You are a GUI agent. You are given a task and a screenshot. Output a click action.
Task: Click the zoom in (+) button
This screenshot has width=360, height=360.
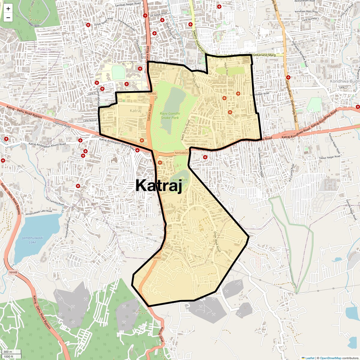click(8, 9)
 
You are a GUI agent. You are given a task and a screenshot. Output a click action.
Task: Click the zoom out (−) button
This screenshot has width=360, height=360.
click(8, 18)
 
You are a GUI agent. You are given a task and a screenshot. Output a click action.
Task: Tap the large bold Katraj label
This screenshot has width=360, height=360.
click(159, 185)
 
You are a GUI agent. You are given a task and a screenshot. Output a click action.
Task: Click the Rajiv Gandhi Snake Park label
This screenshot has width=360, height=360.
click(170, 115)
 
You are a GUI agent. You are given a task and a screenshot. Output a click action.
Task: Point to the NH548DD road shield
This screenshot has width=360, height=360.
click(182, 153)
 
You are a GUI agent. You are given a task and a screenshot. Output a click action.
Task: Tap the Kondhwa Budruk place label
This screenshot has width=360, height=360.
click(345, 81)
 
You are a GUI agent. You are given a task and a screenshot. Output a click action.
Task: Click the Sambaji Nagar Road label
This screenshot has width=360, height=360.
click(128, 4)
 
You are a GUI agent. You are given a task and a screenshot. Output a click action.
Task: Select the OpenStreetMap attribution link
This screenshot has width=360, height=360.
click(330, 358)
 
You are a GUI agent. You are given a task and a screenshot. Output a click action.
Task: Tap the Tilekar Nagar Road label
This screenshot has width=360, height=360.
click(329, 157)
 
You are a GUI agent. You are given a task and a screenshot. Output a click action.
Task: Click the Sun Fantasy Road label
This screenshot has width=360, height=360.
click(55, 201)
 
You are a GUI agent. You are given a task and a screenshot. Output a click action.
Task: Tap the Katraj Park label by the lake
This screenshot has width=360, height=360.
click(180, 180)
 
